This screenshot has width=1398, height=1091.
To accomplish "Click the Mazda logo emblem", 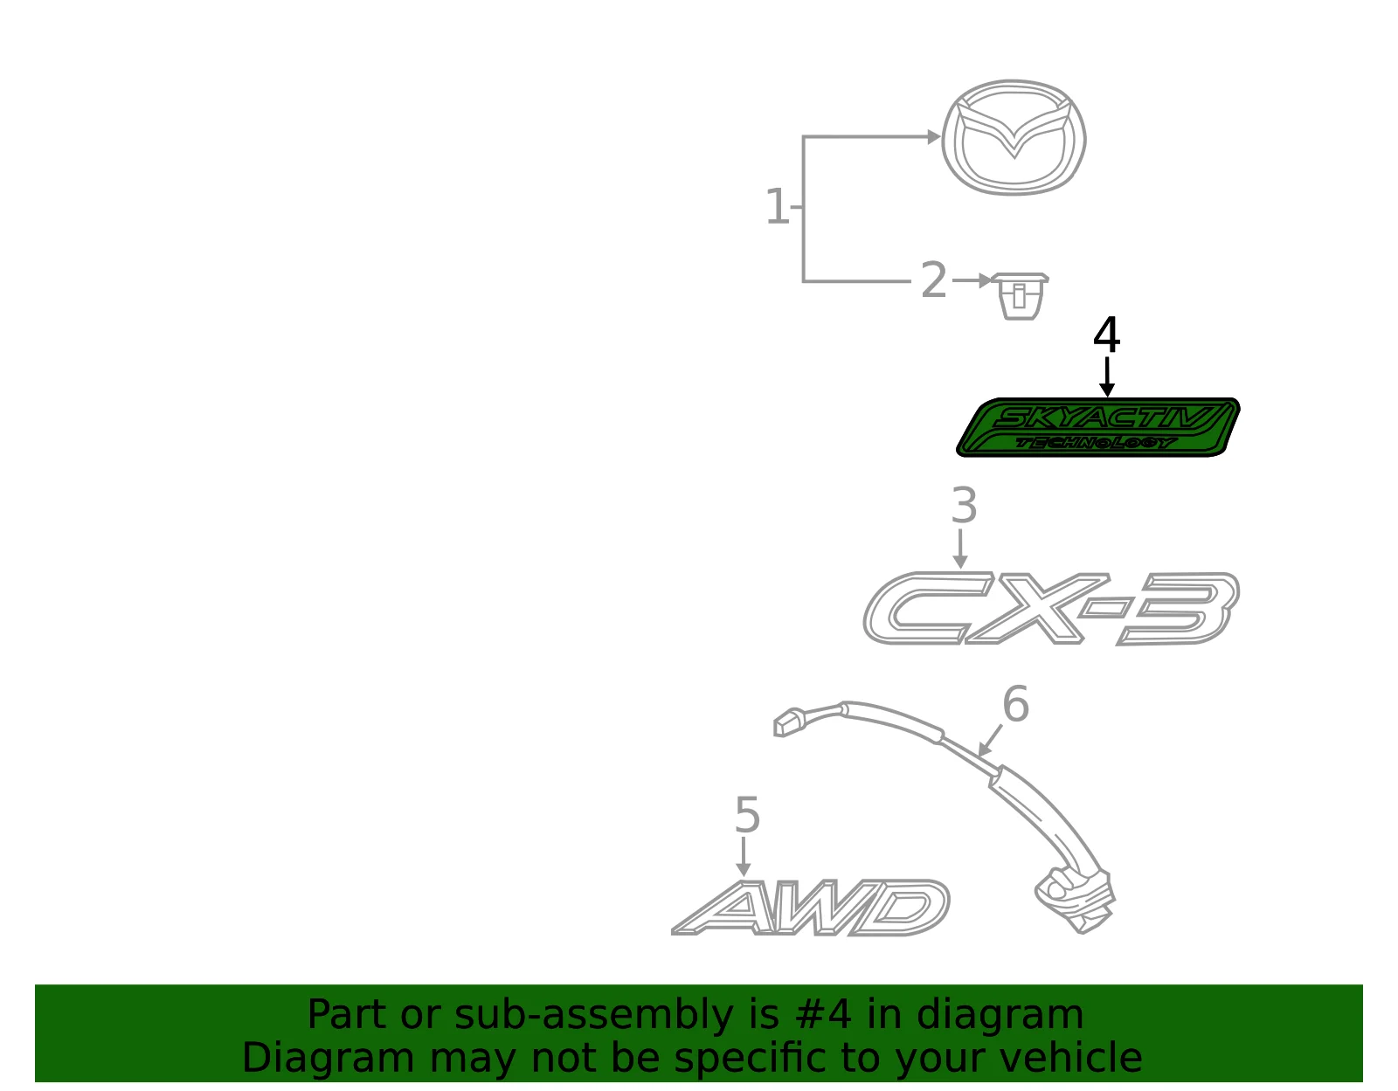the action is (1014, 137).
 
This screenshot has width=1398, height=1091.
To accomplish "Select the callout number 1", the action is (777, 206).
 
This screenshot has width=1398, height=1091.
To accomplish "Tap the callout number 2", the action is (933, 280).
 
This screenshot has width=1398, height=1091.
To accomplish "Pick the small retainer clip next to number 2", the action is (1020, 296).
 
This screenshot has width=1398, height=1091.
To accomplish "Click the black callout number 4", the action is (1106, 335).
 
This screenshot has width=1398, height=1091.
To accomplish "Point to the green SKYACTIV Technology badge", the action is (1098, 427).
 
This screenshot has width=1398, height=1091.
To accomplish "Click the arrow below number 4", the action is (1106, 376).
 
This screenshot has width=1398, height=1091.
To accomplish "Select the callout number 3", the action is (964, 505).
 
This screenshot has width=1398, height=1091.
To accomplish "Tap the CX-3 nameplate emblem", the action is (1051, 608).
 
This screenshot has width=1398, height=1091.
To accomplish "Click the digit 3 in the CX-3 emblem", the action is (1179, 608).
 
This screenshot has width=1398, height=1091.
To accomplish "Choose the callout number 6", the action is (1016, 704).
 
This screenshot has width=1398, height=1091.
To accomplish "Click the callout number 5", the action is (747, 815).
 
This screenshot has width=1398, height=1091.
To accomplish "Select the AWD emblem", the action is (811, 908).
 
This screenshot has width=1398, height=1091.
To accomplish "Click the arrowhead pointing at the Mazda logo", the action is (934, 137).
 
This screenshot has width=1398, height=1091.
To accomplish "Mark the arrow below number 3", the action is (960, 549).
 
